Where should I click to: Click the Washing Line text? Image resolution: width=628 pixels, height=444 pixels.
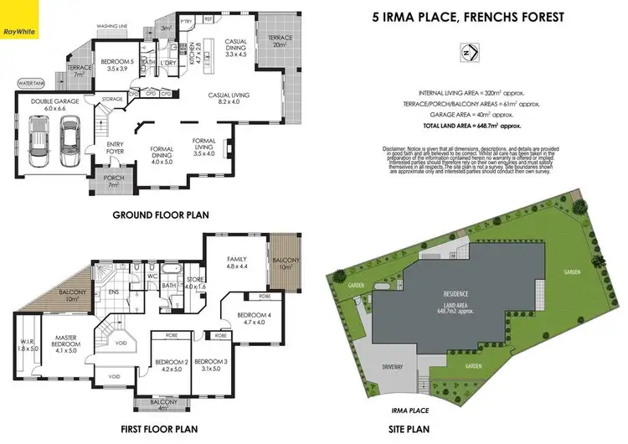[111, 27]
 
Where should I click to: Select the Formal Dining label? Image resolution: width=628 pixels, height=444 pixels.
[162, 154]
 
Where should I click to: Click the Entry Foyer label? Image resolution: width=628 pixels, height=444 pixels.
[115, 148]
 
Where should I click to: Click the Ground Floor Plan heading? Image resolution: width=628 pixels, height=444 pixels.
[160, 214]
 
